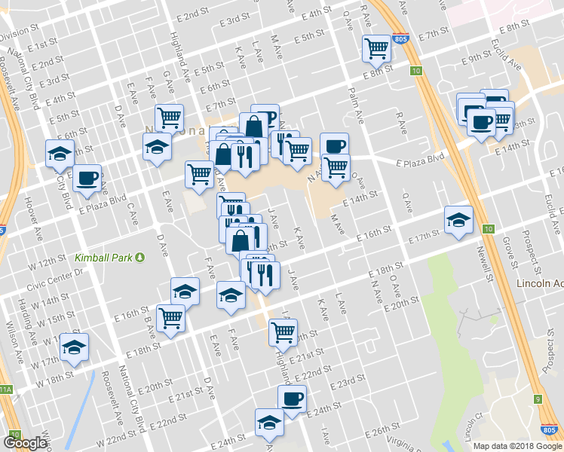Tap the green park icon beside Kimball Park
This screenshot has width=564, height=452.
click(x=140, y=258)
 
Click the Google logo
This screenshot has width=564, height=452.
click(x=25, y=443)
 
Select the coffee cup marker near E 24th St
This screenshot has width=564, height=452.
click(x=292, y=399)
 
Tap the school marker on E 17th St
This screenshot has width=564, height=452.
click(x=458, y=219)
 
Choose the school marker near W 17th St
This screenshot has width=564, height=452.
click(x=75, y=347)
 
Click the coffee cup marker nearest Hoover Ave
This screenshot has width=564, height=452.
click(x=87, y=179)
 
